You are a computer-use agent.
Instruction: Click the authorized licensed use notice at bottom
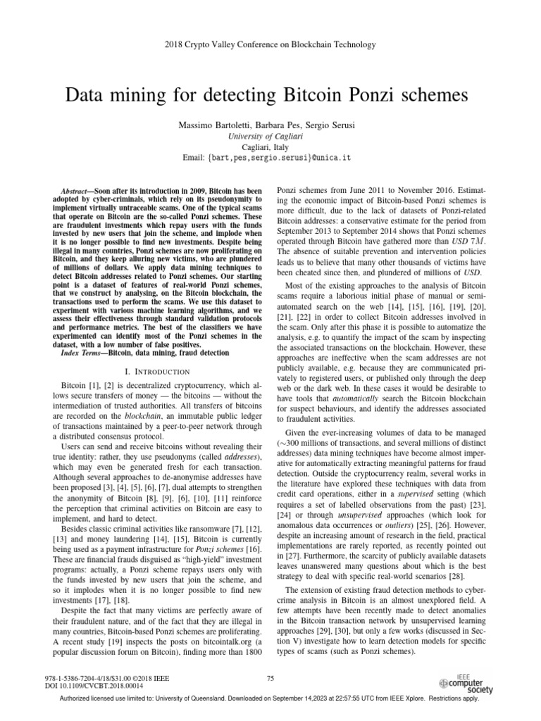pos(270,699)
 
